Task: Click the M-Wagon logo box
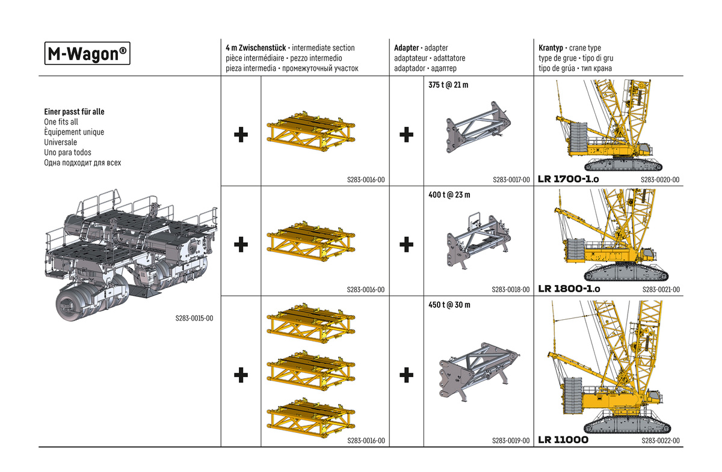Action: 88,54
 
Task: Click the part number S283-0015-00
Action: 194,319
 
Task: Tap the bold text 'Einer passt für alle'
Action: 79,112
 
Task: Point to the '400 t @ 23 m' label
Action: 449,195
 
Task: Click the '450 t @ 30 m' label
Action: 449,305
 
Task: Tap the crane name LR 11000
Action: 563,440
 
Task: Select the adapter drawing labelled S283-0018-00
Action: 475,241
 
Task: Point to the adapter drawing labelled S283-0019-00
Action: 475,370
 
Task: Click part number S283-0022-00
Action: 660,441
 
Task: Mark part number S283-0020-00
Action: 660,180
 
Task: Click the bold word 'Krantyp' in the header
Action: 551,48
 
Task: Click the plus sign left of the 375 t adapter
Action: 406,135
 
